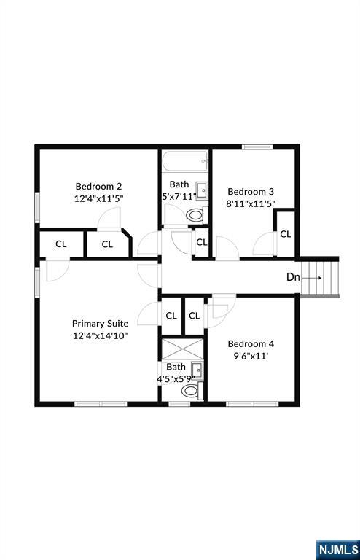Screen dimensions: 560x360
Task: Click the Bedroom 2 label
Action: click(x=98, y=185)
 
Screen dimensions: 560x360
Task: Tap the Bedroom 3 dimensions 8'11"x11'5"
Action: click(x=250, y=204)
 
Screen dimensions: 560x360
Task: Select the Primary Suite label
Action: click(x=100, y=323)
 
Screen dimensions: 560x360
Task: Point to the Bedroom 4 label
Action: click(x=251, y=344)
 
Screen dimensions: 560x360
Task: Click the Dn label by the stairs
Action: click(x=292, y=277)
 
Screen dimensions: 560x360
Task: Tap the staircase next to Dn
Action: click(x=321, y=277)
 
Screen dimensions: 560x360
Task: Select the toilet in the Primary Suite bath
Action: click(x=190, y=392)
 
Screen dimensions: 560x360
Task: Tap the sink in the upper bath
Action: click(x=203, y=191)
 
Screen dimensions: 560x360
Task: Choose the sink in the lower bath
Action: click(x=195, y=370)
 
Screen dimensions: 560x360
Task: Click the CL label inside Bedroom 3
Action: click(x=286, y=234)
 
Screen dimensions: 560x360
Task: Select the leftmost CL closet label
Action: click(x=61, y=244)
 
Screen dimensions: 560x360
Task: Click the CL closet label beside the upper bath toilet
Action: click(x=202, y=242)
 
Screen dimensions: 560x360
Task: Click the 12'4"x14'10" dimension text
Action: click(x=100, y=336)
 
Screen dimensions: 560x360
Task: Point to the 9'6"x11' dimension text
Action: click(x=251, y=357)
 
